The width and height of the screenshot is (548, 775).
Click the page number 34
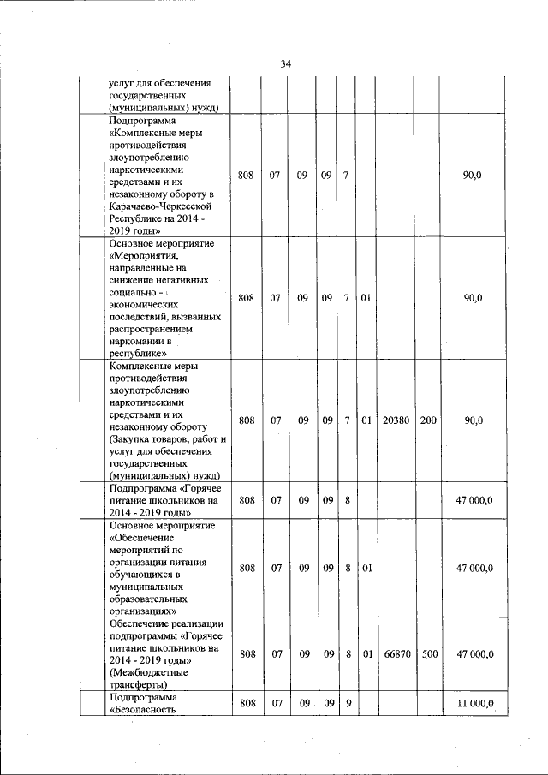click(286, 64)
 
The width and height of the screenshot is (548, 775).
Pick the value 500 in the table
click(429, 654)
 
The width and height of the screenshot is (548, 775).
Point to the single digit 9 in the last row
click(348, 704)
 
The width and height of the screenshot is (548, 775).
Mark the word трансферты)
click(140, 685)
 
